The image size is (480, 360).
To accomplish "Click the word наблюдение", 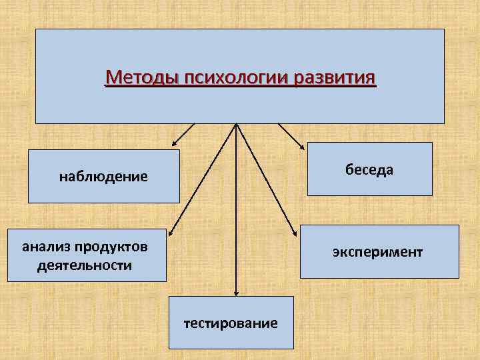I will pos(103,177).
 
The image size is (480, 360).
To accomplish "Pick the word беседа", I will pos(369,169).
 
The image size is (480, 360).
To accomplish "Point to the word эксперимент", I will pos(378,252).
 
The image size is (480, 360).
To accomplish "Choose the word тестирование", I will pos(231,323).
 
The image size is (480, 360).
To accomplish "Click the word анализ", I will pos(45,247).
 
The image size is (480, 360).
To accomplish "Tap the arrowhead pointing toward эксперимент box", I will pos(297,231).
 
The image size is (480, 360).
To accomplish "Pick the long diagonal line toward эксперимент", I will pos(267,177).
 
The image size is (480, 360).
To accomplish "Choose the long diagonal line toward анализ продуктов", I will pos(203,177).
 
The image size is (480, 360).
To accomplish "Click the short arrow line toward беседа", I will pos(290,133).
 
